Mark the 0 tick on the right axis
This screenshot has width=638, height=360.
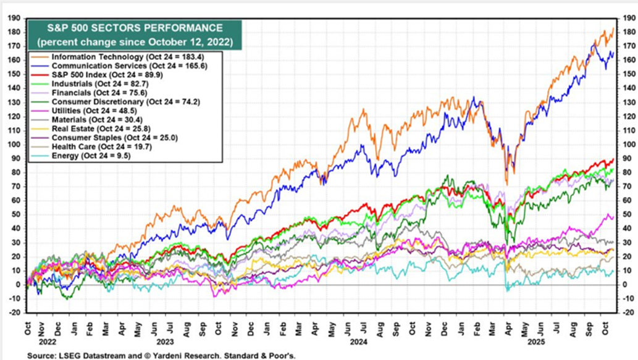(623, 285)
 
